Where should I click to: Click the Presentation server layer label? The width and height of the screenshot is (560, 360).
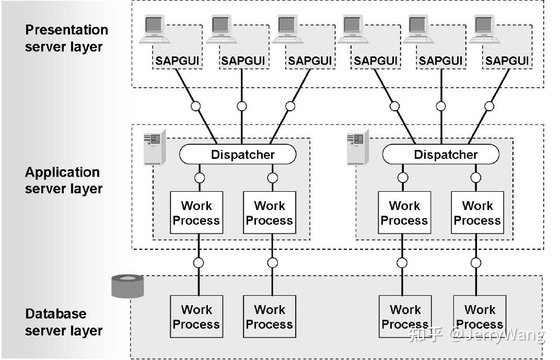point(66,38)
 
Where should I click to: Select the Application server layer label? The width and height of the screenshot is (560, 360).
point(63,180)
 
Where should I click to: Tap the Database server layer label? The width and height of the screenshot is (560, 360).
point(64,322)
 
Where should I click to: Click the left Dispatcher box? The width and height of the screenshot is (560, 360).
point(238,155)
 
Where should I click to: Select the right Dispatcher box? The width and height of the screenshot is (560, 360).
point(440,155)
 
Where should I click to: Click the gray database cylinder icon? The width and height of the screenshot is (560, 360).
point(127,286)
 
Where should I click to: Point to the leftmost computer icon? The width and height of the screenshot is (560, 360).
point(155,29)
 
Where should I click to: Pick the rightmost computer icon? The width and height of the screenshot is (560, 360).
point(484,29)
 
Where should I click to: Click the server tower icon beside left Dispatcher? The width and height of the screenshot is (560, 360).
point(155,147)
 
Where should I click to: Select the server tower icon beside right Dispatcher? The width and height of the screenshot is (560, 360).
point(358,147)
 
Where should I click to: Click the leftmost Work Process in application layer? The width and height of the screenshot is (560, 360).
point(196,213)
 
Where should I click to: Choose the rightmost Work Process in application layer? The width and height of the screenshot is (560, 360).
point(477,213)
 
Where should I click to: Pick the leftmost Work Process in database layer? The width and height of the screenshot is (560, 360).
point(196,317)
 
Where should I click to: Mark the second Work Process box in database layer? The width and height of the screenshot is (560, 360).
point(270,317)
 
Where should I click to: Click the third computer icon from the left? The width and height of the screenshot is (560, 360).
point(287,29)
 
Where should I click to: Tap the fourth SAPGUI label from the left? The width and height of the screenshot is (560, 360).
point(375,61)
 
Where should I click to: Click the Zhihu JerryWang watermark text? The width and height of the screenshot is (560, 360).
point(476,335)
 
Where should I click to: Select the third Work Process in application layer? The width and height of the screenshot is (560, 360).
point(404,213)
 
